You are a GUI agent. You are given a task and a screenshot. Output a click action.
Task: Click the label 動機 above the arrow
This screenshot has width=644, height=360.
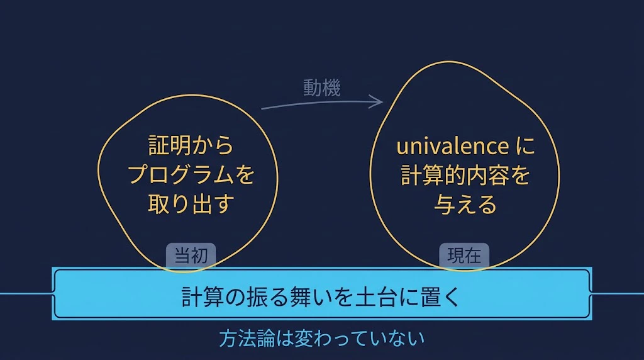(322, 88)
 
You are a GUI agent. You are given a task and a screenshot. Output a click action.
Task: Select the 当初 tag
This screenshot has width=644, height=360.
(191, 256)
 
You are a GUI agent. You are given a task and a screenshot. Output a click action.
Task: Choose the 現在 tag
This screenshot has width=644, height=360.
(464, 256)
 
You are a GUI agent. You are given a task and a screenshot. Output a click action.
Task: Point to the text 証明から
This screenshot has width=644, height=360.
(191, 146)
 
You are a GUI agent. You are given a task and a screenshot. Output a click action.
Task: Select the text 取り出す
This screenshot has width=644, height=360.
(191, 204)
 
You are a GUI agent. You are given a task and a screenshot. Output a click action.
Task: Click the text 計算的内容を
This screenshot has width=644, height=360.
(465, 175)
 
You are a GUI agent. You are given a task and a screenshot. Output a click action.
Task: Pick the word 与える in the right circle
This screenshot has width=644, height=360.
(465, 205)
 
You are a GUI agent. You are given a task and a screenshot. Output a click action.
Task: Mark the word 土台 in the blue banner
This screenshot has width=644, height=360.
(376, 296)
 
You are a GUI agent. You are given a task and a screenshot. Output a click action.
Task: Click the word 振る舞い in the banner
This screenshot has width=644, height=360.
(289, 296)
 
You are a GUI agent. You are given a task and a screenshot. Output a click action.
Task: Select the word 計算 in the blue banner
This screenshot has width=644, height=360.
(203, 296)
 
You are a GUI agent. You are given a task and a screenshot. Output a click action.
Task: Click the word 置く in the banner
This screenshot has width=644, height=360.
(440, 296)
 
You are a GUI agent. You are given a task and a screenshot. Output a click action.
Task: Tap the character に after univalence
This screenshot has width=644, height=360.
(525, 146)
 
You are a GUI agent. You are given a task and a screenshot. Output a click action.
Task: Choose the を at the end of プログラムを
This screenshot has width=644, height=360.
(245, 175)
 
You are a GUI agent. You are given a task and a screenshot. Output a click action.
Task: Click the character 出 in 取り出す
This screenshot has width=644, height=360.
(202, 204)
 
